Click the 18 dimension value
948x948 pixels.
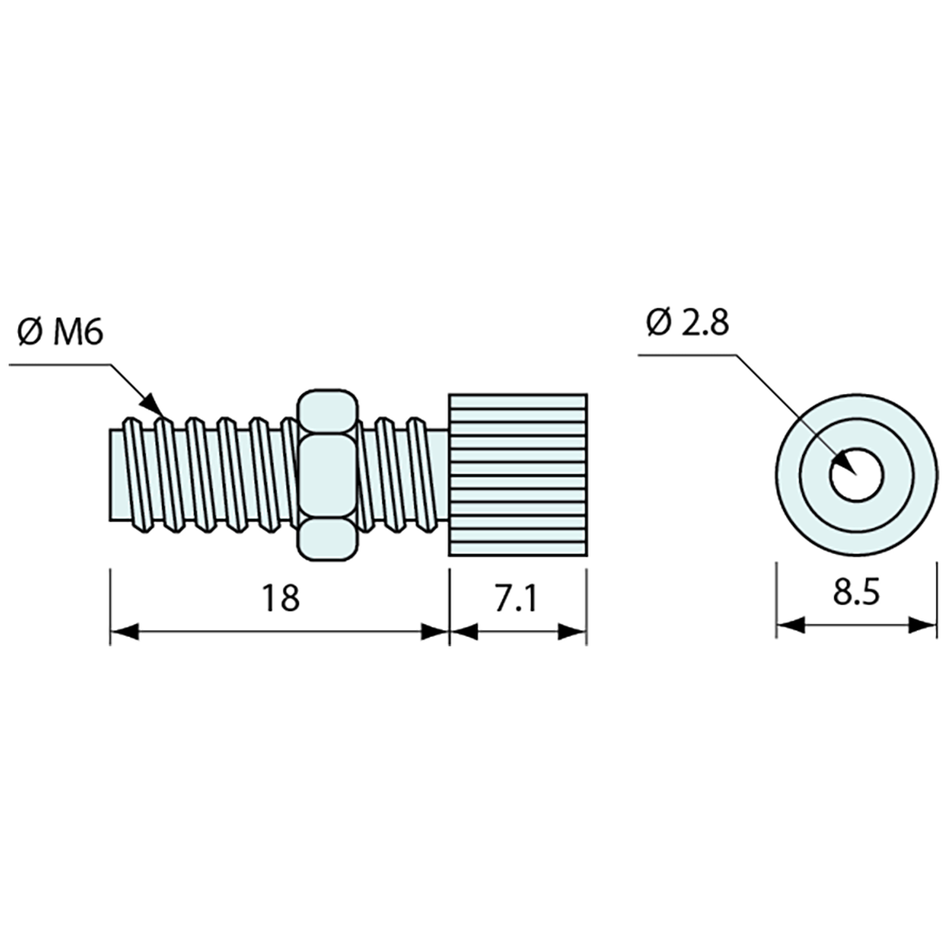(282, 597)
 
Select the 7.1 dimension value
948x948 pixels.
(515, 597)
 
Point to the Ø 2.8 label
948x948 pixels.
(687, 323)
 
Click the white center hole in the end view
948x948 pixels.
(856, 473)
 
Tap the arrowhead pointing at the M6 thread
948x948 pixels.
(152, 404)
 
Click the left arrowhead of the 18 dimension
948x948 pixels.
(124, 632)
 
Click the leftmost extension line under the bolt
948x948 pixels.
(110, 603)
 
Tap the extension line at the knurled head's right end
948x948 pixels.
(587, 603)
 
